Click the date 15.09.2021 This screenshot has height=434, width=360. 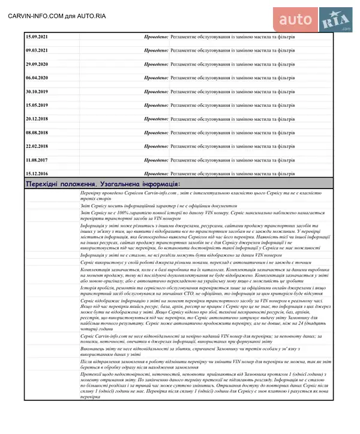pyautogui.click(x=37, y=37)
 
